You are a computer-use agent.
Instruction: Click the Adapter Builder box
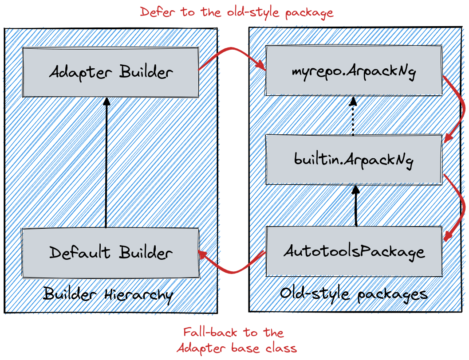coord(110,72)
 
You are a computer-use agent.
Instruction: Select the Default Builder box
coord(110,253)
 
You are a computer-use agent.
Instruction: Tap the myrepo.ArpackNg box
coord(354,70)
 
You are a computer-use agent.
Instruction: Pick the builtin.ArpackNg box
coord(354,160)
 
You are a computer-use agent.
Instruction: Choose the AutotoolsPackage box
coord(354,251)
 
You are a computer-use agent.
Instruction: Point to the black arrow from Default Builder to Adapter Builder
coord(106,163)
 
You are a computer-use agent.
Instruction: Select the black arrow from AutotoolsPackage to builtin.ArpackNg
coord(356,206)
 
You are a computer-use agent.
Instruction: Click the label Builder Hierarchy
coord(108,294)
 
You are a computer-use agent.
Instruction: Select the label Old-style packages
coord(354,294)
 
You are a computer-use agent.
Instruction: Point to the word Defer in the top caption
coord(157,12)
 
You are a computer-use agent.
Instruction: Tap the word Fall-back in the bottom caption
coord(210,332)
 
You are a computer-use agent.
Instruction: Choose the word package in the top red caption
coord(309,13)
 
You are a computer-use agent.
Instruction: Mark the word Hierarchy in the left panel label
coord(139,295)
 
